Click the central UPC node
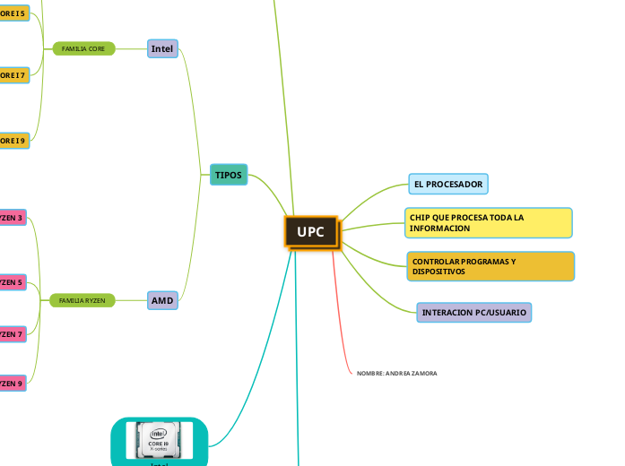pos(311,232)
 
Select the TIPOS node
pos(229,175)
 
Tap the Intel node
pos(162,48)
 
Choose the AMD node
pos(162,300)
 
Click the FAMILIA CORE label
pos(83,48)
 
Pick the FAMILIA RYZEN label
pos(82,300)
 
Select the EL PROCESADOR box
pos(448,185)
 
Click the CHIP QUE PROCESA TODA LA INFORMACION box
pos(488,223)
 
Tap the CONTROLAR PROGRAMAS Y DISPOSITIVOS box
pos(490,266)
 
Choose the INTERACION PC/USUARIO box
pos(474,313)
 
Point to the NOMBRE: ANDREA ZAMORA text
pos(396,373)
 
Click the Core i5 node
pos(13,13)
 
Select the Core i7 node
pos(13,74)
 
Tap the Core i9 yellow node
pos(13,140)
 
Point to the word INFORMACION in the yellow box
pos(439,229)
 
